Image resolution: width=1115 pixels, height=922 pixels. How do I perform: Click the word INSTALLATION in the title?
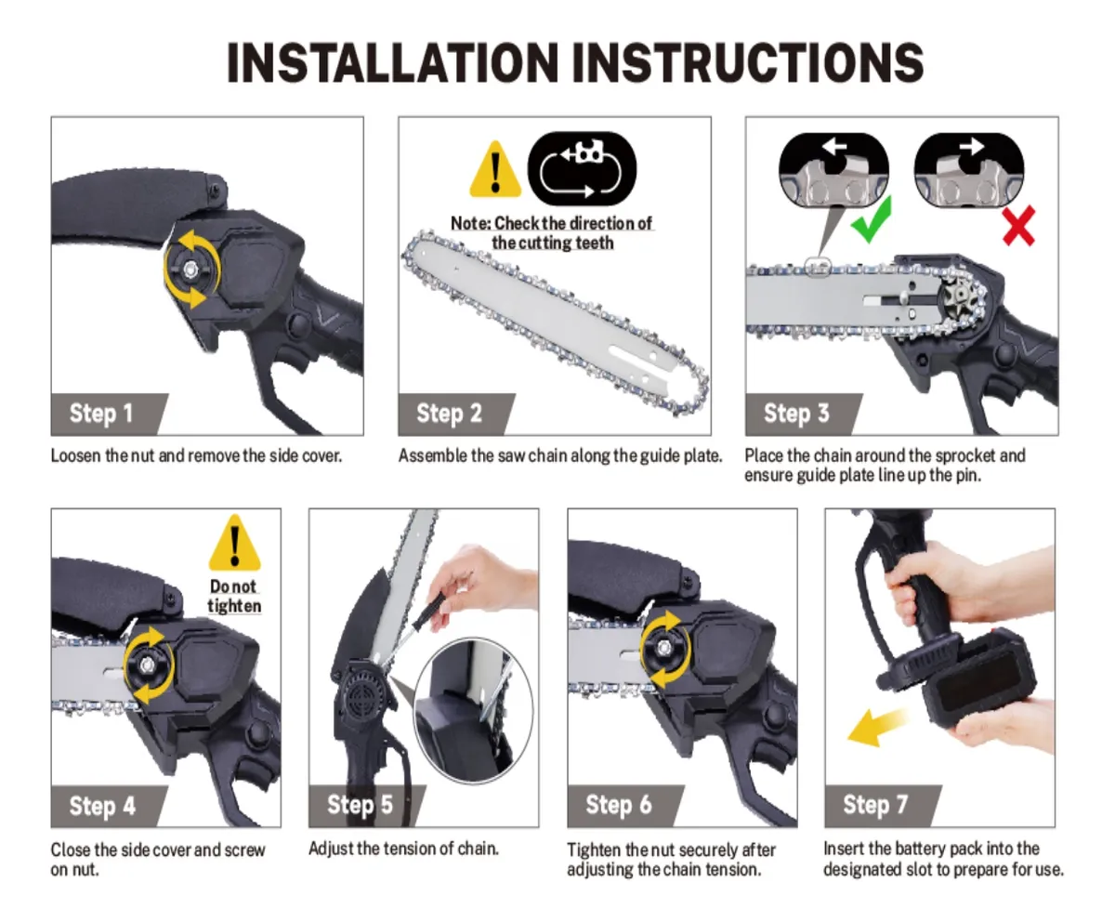pos(392,62)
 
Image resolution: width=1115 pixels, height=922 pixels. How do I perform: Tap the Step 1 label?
pos(101,414)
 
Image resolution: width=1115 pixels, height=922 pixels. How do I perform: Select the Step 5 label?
pos(360,805)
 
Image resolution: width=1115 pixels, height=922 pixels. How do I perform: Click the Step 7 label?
pos(875,805)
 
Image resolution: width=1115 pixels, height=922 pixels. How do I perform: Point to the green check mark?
pos(872,220)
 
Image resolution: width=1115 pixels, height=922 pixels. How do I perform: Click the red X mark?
pos(1019,226)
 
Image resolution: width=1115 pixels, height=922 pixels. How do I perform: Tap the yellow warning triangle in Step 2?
pos(495,169)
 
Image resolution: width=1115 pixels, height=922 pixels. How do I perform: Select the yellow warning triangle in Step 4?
pos(235,543)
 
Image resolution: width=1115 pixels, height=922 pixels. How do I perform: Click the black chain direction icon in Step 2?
pos(582,169)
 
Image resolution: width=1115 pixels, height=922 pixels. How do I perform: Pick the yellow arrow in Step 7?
pos(877,727)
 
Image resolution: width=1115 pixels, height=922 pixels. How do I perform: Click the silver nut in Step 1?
pos(190,270)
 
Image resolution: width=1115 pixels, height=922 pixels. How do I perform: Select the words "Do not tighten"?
pos(234,596)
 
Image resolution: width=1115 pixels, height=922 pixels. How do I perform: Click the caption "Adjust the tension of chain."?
pos(403,849)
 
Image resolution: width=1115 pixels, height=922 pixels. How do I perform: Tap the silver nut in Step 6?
pos(663,648)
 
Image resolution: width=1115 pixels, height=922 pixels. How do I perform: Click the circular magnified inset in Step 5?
pos(473,710)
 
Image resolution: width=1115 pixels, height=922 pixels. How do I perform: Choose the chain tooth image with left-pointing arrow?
pos(834,170)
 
